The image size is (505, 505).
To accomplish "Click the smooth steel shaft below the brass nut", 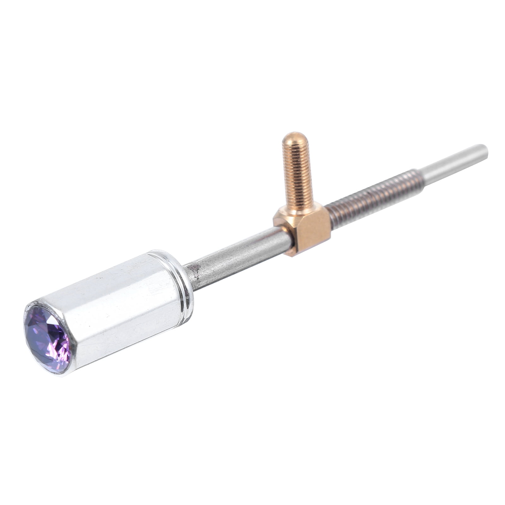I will pos(240,256).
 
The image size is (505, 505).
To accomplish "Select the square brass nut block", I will pos(303,230).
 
